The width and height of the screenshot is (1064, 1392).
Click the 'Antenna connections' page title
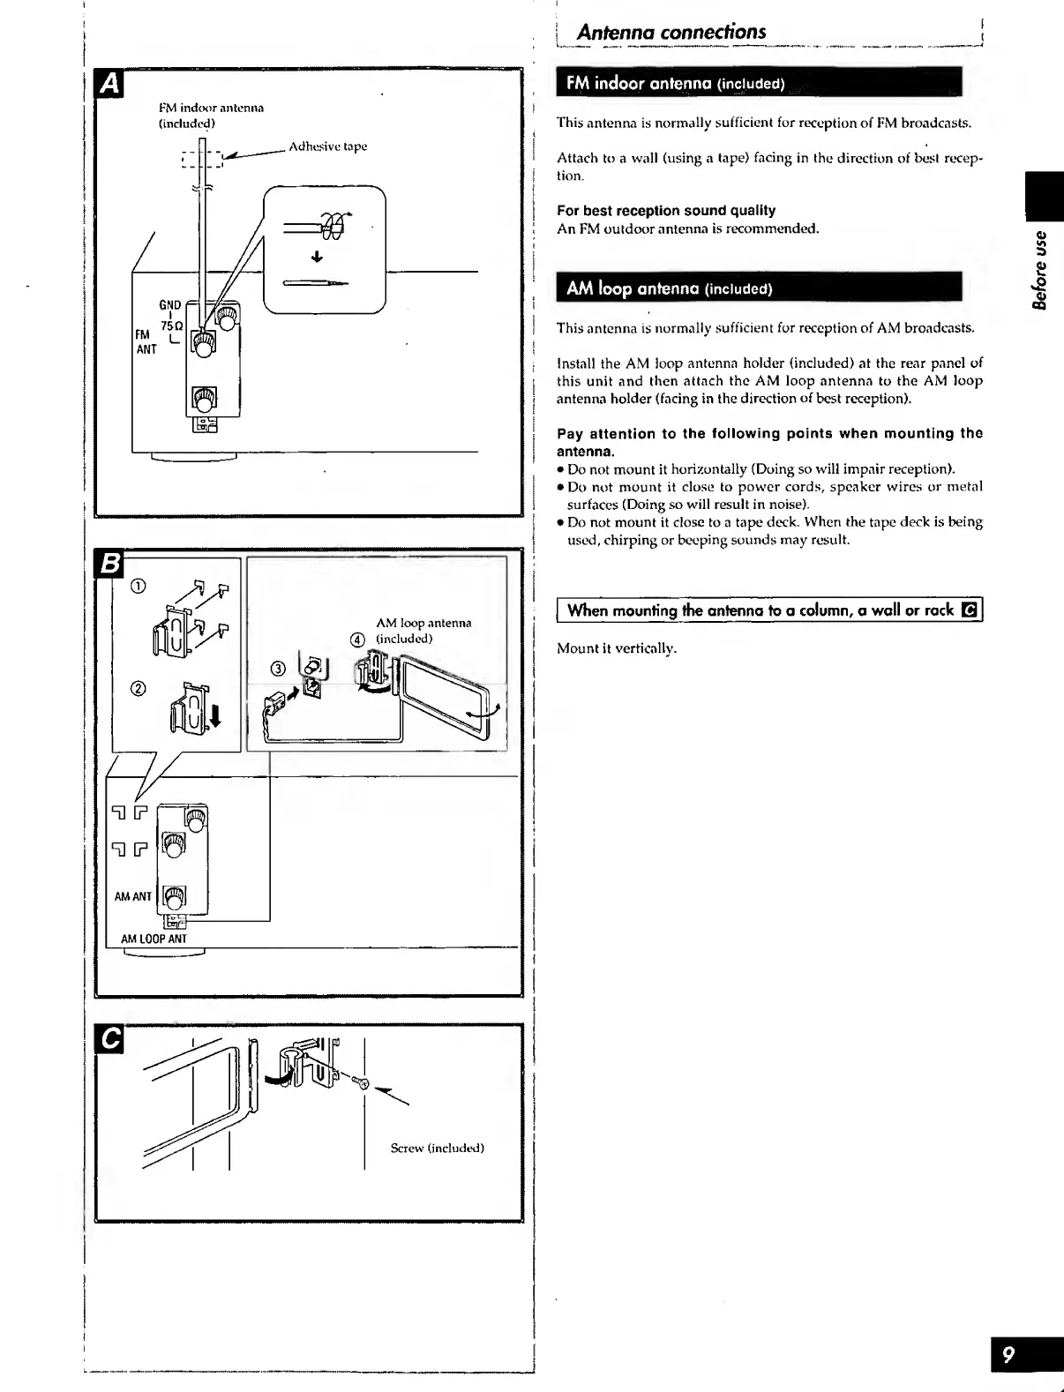(671, 32)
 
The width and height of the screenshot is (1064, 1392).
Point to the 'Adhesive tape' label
(327, 146)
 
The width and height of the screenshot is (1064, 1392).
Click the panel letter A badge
(109, 83)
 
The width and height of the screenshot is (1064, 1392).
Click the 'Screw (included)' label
(437, 1149)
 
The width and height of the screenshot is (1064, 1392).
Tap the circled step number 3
(278, 668)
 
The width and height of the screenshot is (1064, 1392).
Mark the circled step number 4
(357, 640)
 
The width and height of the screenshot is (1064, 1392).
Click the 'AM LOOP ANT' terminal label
(154, 939)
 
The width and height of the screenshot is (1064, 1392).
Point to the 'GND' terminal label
(169, 305)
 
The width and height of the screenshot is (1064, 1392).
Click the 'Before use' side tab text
(1042, 270)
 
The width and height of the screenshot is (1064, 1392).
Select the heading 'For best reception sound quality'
(666, 211)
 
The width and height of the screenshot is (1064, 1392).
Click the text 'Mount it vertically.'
(617, 648)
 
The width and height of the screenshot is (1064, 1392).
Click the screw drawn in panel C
(359, 1081)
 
